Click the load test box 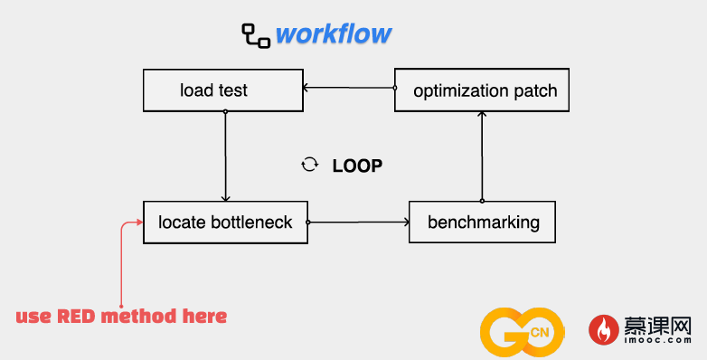223,90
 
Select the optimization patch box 482,90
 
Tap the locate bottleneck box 225,223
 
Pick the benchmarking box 482,222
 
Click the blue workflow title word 334,34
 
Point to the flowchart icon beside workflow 256,35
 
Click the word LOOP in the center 357,166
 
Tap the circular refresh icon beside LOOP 310,165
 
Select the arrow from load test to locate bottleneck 225,156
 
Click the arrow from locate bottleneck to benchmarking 358,222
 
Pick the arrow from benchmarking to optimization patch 482,156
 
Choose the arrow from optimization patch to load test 349,88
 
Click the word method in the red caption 139,317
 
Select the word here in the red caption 204,317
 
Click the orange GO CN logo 522,332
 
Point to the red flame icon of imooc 603,330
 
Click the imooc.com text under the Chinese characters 658,340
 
